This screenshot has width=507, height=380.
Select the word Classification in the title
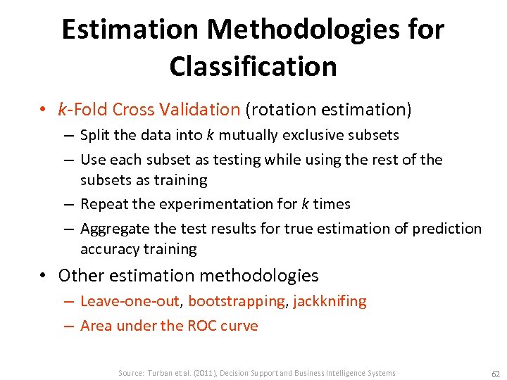(x=253, y=66)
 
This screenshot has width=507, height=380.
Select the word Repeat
(x=101, y=204)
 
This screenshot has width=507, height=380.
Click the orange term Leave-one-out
(x=130, y=301)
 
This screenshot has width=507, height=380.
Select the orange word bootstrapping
(x=236, y=301)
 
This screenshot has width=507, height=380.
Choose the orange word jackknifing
(x=330, y=301)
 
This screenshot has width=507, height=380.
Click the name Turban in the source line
(x=160, y=373)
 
